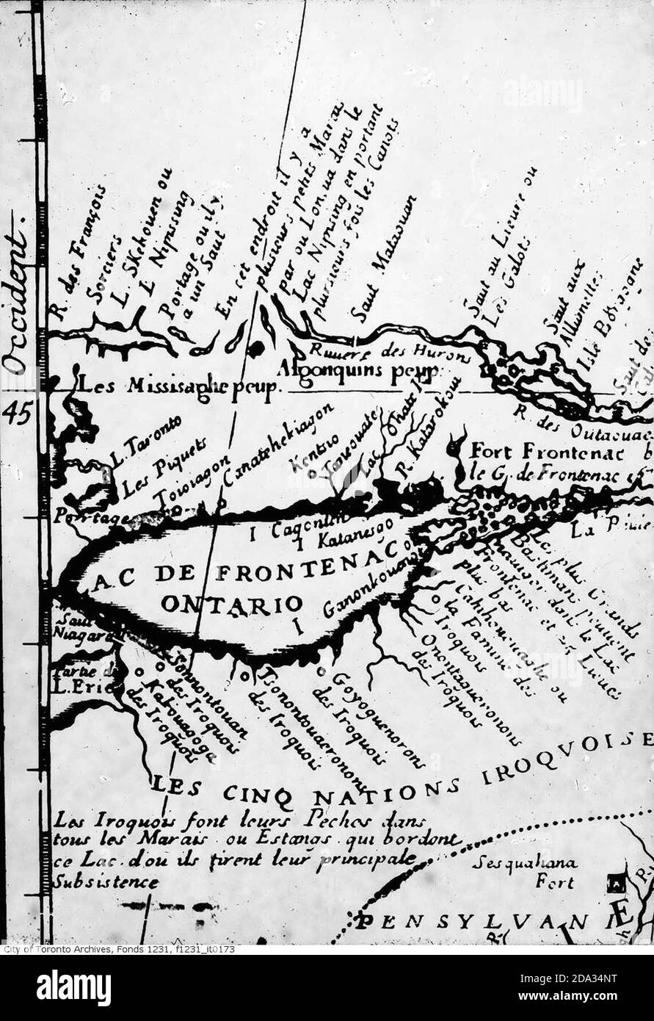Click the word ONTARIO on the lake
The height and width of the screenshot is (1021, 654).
coord(231,604)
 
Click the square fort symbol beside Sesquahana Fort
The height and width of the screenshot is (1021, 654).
coord(617,881)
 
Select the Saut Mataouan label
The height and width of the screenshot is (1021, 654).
coord(382,259)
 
